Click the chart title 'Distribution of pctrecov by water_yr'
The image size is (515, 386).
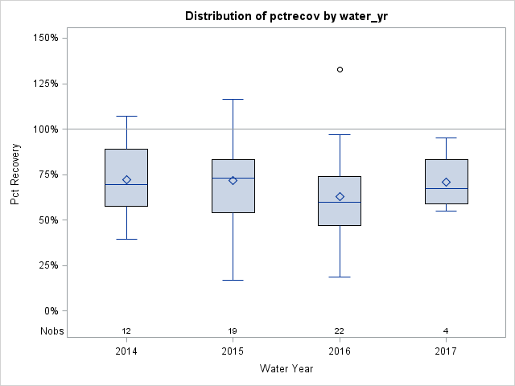[x=286, y=16]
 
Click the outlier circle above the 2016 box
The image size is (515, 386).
[x=340, y=70]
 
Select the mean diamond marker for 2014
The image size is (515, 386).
[x=126, y=179]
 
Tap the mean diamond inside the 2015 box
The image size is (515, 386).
[x=233, y=180]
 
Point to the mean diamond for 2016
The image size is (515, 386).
[x=340, y=196]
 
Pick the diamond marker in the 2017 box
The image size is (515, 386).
[x=447, y=182]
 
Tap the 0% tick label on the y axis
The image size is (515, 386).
[x=50, y=311]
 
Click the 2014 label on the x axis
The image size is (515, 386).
[x=126, y=351]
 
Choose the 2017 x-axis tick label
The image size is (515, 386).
[x=447, y=351]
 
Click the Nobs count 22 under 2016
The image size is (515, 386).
[x=340, y=331]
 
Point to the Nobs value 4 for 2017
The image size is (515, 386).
[x=447, y=331]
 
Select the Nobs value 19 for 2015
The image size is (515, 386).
[x=233, y=331]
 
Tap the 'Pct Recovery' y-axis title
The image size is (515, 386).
[x=16, y=175]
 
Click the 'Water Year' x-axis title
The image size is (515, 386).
[x=286, y=369]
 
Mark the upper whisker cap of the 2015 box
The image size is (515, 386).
[x=233, y=99]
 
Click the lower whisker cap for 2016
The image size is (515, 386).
[x=340, y=277]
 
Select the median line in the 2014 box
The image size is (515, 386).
[x=126, y=184]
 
